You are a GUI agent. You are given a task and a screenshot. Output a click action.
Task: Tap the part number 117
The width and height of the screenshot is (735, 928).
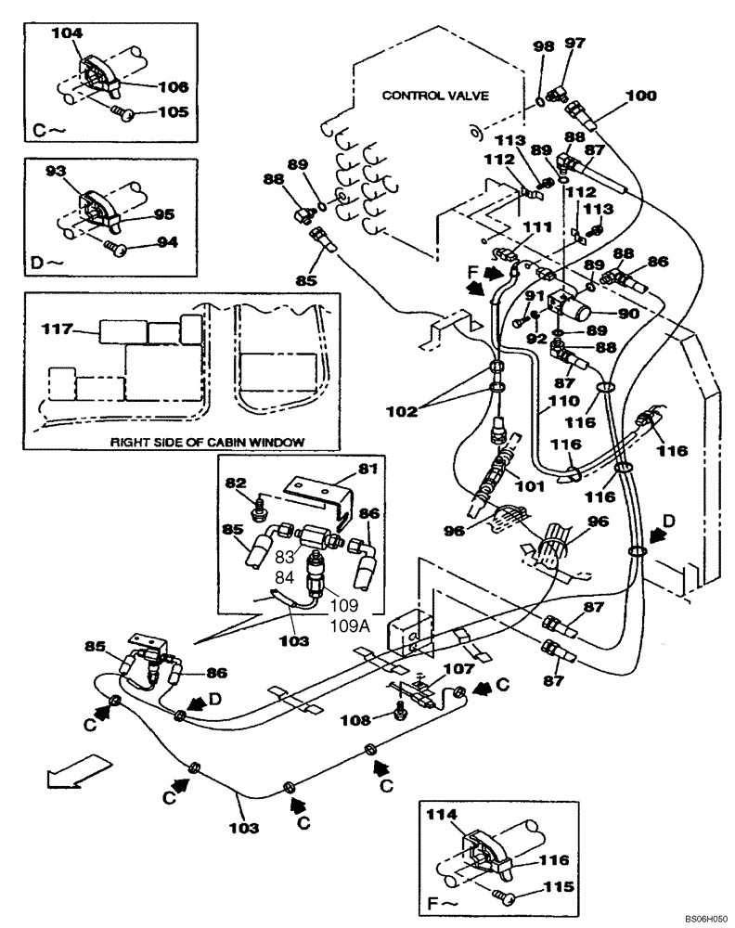pyautogui.click(x=57, y=329)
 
